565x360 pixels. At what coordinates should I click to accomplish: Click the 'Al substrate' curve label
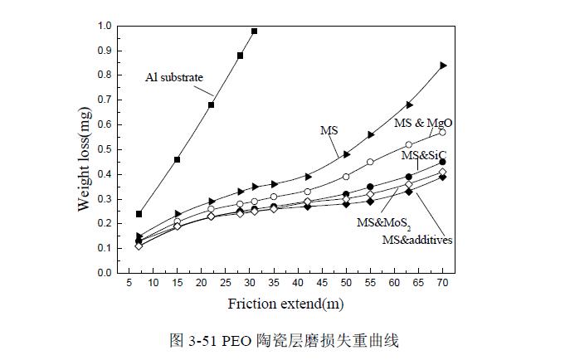(174, 78)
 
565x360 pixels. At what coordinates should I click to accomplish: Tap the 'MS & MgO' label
(423, 123)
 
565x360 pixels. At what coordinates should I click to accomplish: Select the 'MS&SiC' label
(424, 155)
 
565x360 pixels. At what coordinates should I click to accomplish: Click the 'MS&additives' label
(416, 240)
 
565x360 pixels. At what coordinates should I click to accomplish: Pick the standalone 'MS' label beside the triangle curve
(329, 130)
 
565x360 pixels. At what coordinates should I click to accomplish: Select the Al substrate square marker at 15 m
(178, 159)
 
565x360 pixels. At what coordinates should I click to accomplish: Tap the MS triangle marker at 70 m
(443, 65)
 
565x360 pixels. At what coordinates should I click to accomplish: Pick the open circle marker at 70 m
(443, 132)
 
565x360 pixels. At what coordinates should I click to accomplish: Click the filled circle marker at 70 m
(443, 162)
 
